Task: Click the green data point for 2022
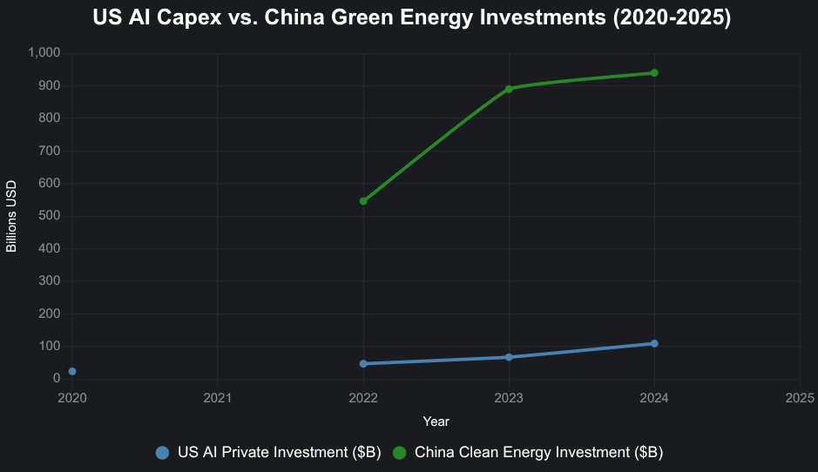pyautogui.click(x=363, y=201)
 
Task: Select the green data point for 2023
pyautogui.click(x=509, y=89)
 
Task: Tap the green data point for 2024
pyautogui.click(x=654, y=73)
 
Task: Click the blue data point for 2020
pyautogui.click(x=72, y=372)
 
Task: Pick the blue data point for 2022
pyautogui.click(x=363, y=364)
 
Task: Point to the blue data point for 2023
pyautogui.click(x=509, y=357)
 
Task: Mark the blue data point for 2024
pyautogui.click(x=654, y=344)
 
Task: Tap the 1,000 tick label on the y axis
pyautogui.click(x=44, y=53)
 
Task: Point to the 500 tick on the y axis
pyautogui.click(x=49, y=216)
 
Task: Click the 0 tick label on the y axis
pyautogui.click(x=56, y=379)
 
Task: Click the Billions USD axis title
pyautogui.click(x=11, y=216)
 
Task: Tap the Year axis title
pyautogui.click(x=436, y=421)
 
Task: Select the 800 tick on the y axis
pyautogui.click(x=49, y=118)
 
